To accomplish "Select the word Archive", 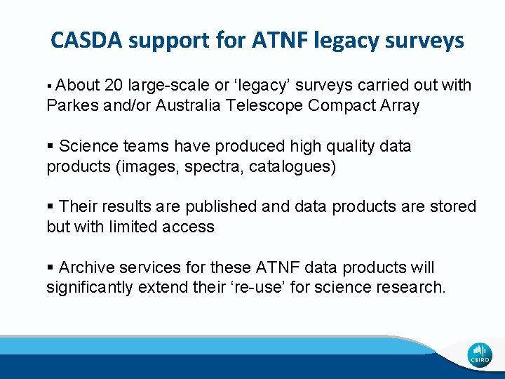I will [x=86, y=268].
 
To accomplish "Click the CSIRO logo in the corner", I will [x=480, y=355].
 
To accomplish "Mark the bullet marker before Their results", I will [x=50, y=207].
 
